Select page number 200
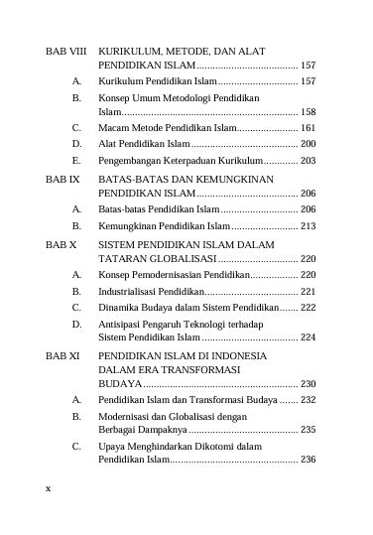(308, 145)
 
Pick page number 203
(308, 161)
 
